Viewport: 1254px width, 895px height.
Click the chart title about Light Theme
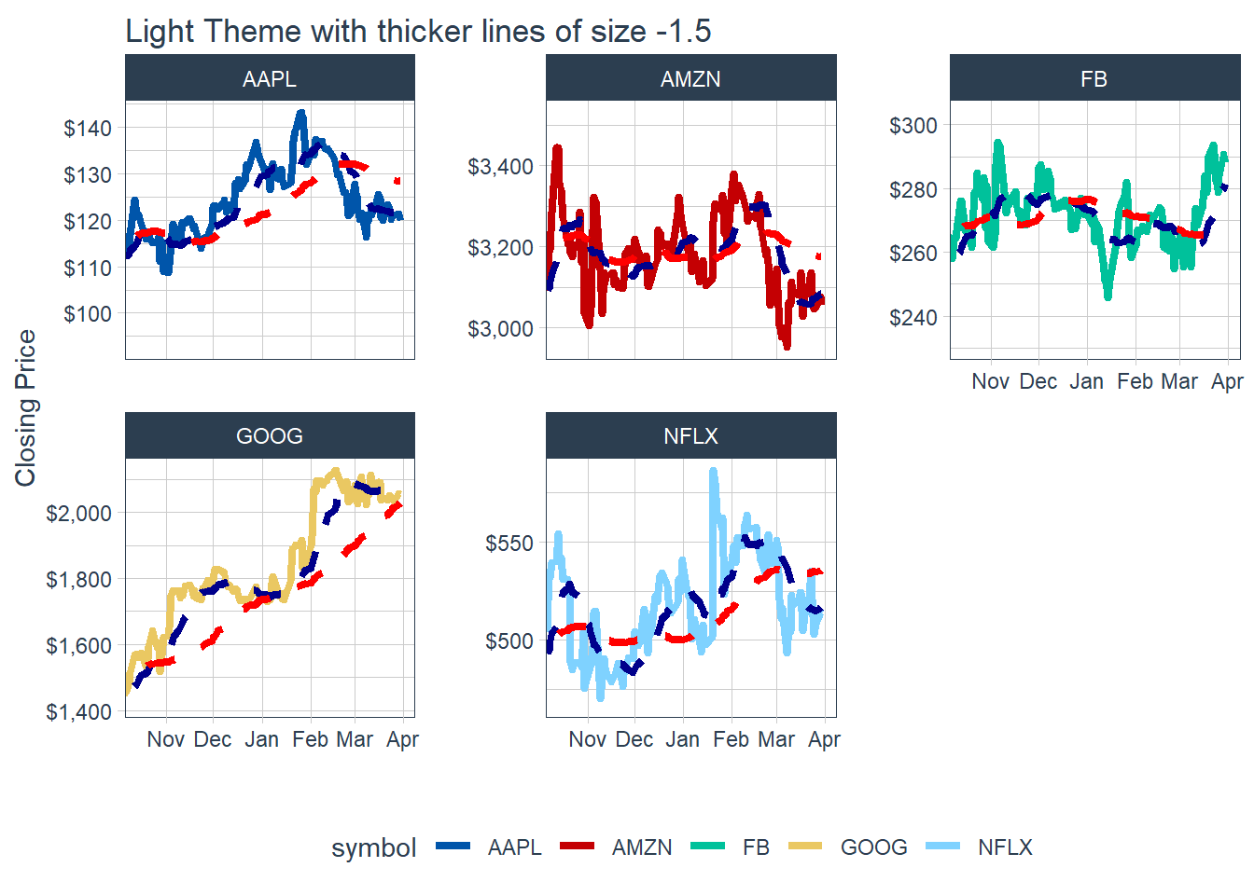click(x=418, y=31)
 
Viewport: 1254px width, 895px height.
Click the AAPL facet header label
click(x=270, y=79)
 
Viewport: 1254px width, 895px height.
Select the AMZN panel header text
click(x=690, y=79)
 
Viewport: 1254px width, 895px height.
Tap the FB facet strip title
click(x=1094, y=79)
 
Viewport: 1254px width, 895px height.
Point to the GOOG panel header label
click(x=270, y=436)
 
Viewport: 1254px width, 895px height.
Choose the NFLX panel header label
click(x=690, y=436)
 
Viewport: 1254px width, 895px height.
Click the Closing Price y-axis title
click(x=25, y=407)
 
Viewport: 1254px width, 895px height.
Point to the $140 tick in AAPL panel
click(x=88, y=129)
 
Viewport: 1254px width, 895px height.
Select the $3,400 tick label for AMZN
click(x=500, y=167)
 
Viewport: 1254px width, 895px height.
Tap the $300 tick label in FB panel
click(x=913, y=126)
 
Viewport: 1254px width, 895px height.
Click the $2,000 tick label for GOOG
click(x=78, y=514)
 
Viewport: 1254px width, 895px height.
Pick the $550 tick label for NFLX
click(x=509, y=544)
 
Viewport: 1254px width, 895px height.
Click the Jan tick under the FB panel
click(x=1086, y=381)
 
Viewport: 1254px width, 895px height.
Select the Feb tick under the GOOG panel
click(x=310, y=739)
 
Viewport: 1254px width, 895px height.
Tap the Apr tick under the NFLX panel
click(x=824, y=739)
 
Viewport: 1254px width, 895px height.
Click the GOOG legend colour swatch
click(x=805, y=847)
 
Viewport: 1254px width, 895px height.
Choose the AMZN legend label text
click(x=642, y=847)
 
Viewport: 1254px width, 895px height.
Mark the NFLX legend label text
click(x=1005, y=847)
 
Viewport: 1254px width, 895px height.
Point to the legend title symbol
click(x=374, y=847)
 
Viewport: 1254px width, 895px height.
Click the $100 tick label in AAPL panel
click(x=88, y=314)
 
